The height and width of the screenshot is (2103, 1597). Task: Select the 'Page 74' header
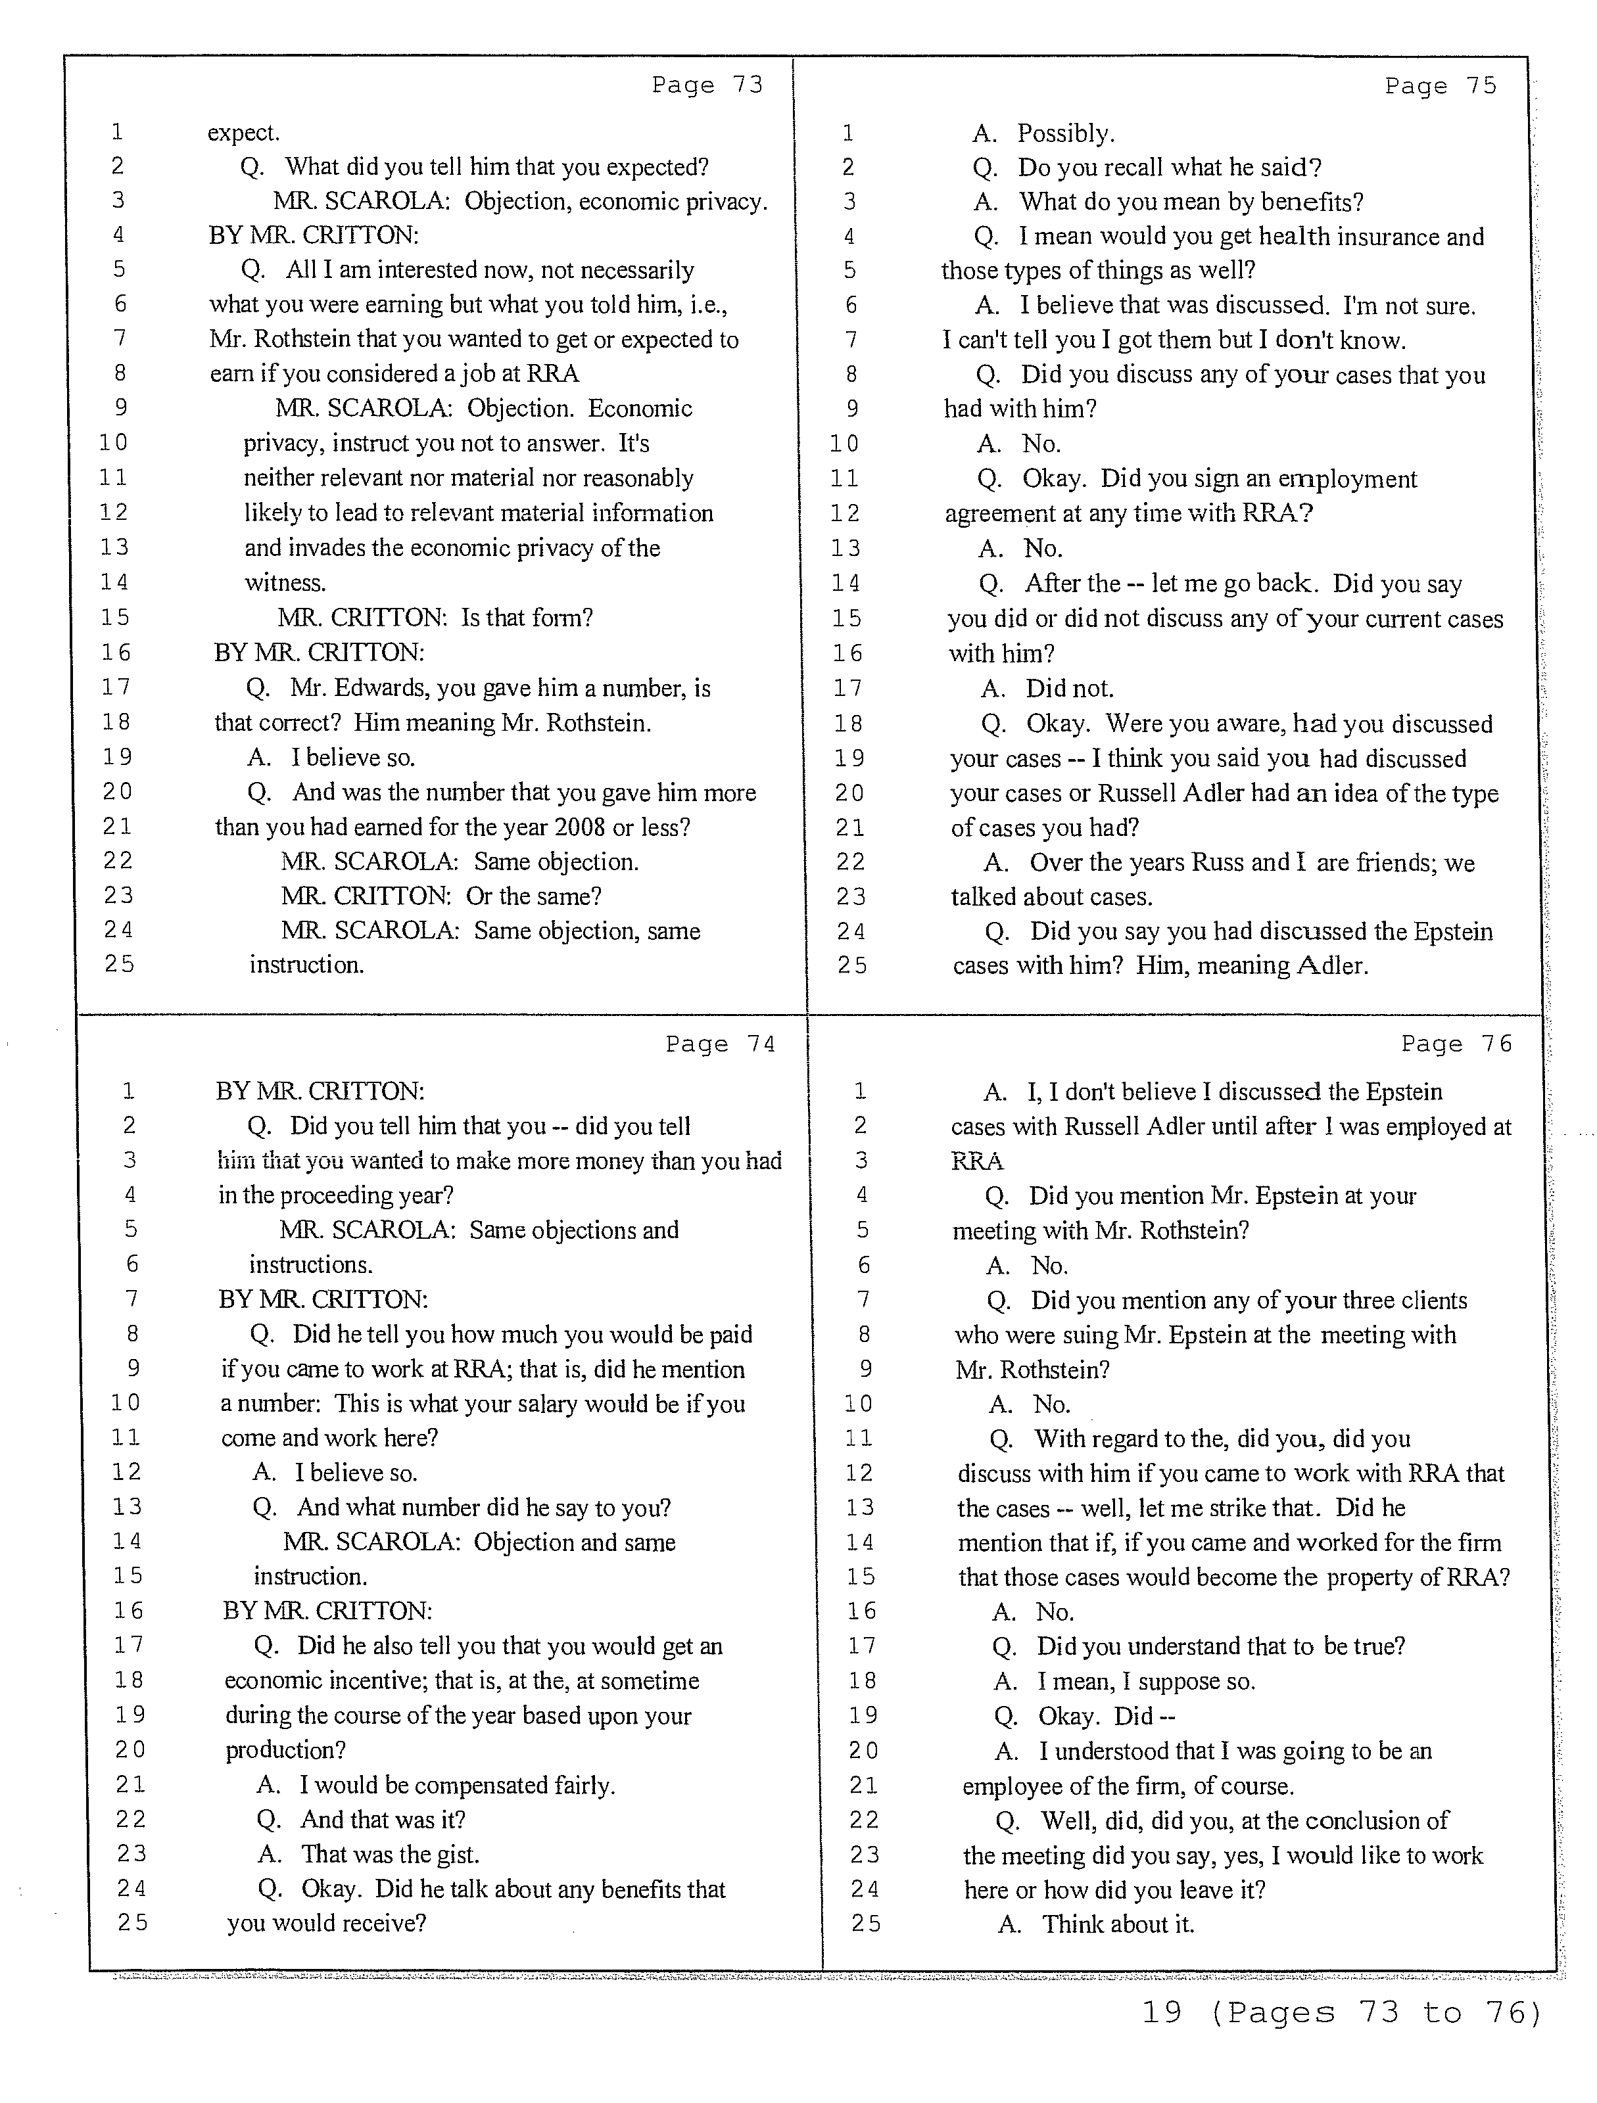(x=720, y=1044)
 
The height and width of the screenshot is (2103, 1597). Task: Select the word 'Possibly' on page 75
(x=1064, y=133)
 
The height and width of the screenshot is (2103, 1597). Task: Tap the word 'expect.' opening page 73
(x=243, y=132)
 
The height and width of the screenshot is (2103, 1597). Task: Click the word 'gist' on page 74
(x=456, y=1854)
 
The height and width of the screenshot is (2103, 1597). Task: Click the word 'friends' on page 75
(x=1395, y=862)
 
